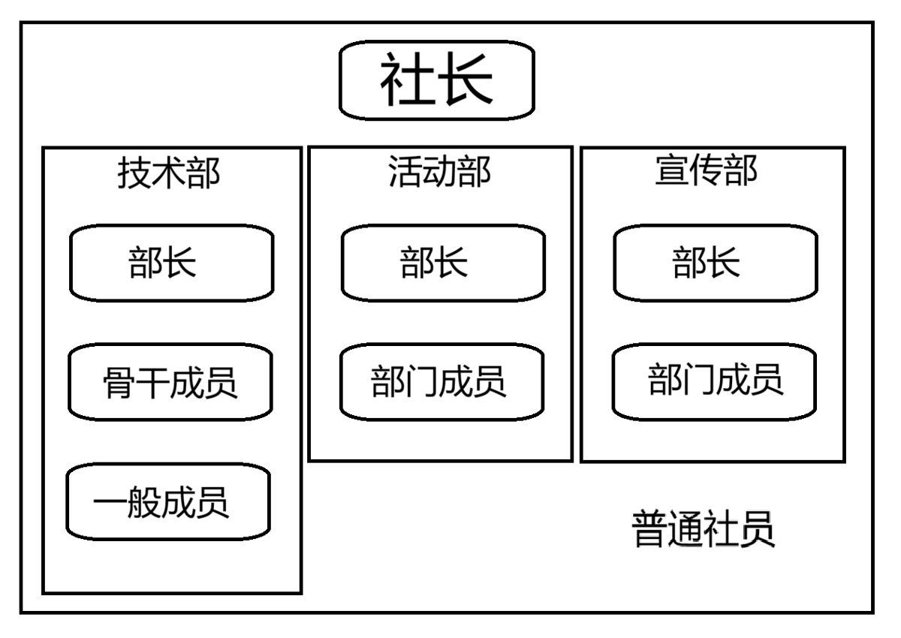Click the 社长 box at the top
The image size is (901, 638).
pos(437,80)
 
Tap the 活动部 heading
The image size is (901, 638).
pos(439,172)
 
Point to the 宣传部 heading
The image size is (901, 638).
pos(707,171)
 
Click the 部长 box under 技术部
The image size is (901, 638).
pos(172,263)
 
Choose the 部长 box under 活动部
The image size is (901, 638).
pos(443,263)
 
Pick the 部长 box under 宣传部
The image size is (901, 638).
pos(716,263)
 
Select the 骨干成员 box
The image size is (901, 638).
pos(171,382)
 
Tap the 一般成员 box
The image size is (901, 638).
pos(167,501)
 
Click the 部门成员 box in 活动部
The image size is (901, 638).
pos(441,381)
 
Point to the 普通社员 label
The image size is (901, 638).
pos(704,530)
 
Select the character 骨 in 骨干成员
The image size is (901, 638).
pos(119,383)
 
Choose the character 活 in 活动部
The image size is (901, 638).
pos(405,172)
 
